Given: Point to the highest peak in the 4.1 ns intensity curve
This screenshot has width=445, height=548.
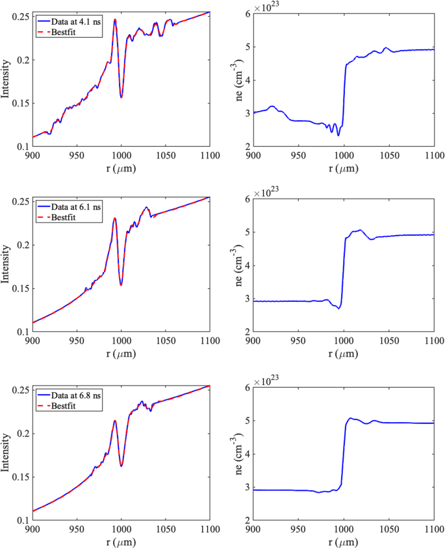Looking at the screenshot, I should [x=115, y=19].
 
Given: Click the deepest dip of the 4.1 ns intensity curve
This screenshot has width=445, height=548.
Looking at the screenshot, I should [x=121, y=97].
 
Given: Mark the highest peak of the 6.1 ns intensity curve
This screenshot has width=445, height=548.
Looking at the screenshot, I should [x=115, y=218].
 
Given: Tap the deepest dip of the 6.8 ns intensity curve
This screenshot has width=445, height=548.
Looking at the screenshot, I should [x=121, y=466].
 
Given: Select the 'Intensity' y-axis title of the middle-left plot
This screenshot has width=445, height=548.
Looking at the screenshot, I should [x=6, y=264].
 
